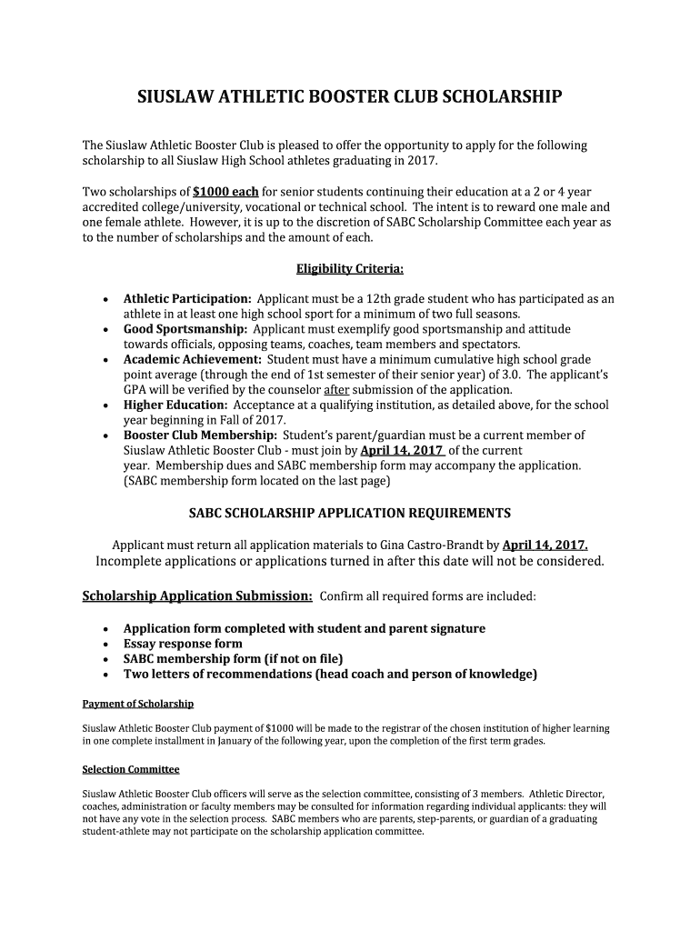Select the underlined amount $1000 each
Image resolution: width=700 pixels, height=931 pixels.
(226, 192)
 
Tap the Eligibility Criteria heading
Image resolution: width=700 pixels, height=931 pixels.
(350, 269)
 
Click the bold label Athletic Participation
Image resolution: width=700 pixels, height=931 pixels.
(187, 298)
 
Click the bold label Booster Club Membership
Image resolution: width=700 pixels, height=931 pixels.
(200, 435)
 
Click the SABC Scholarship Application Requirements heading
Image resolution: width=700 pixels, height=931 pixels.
(349, 513)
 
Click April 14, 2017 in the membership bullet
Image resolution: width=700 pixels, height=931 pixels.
(402, 450)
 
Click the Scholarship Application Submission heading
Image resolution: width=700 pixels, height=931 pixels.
(197, 596)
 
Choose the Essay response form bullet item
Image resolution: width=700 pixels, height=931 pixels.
(183, 644)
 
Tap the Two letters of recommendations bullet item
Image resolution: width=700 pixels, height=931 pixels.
(330, 674)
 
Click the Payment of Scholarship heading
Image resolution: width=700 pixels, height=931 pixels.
(138, 704)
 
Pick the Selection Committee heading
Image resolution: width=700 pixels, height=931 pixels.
(131, 769)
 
